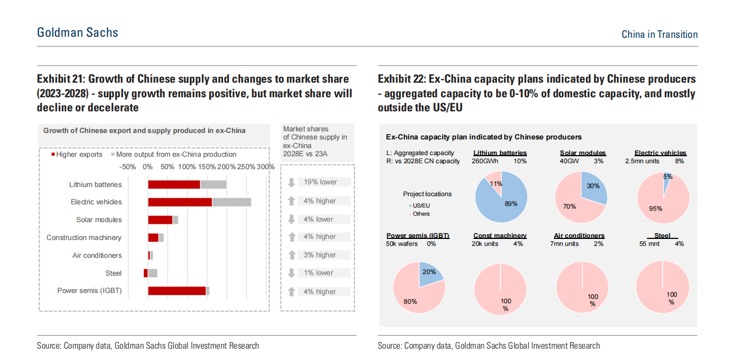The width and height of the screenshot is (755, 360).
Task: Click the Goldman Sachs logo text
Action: pyautogui.click(x=77, y=32)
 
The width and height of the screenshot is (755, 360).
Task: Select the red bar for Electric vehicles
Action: pyautogui.click(x=180, y=202)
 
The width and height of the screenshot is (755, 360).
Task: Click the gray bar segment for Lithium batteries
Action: pyautogui.click(x=213, y=184)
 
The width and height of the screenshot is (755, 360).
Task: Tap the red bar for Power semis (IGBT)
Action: pyautogui.click(x=177, y=291)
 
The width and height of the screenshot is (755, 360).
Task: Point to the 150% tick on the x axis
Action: pyautogui.click(x=207, y=167)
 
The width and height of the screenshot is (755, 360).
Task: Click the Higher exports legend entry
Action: pyautogui.click(x=77, y=155)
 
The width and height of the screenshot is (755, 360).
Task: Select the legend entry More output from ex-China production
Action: pyautogui.click(x=173, y=155)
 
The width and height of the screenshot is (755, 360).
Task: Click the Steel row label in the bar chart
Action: pyautogui.click(x=113, y=274)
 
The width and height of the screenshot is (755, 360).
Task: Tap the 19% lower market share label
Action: pyautogui.click(x=320, y=182)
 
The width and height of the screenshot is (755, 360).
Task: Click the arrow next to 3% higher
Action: pyautogui.click(x=291, y=255)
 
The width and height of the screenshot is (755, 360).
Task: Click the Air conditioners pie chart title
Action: pyautogui.click(x=579, y=236)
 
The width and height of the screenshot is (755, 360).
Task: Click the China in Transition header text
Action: pyautogui.click(x=659, y=35)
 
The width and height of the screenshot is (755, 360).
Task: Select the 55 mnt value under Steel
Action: pyautogui.click(x=650, y=244)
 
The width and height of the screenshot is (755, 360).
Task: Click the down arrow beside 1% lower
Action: pyautogui.click(x=291, y=273)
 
